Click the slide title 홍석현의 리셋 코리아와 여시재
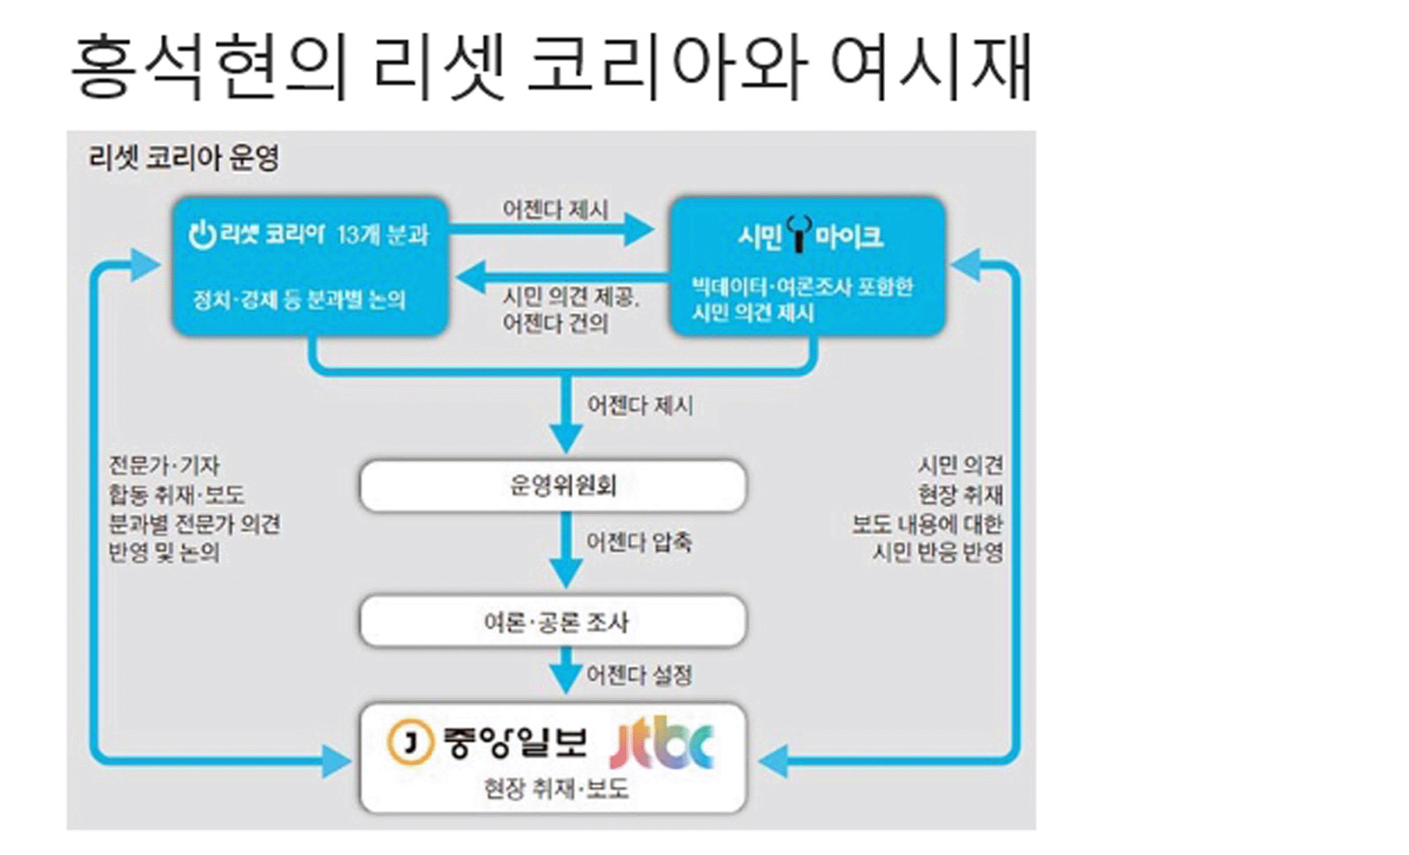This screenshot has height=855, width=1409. [x=552, y=68]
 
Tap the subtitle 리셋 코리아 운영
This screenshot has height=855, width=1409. [x=184, y=158]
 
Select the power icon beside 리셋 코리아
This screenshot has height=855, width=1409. [x=202, y=233]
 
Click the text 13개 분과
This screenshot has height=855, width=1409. [x=383, y=234]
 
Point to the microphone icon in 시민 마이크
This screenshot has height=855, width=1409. [x=798, y=233]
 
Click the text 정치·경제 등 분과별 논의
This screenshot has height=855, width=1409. [x=300, y=300]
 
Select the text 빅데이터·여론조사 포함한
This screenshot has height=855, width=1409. [x=802, y=286]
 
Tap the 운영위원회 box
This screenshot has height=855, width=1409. [x=553, y=486]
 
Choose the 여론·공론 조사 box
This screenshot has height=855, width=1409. [x=553, y=621]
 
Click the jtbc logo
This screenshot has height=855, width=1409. [x=661, y=742]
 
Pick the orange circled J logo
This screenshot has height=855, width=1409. [x=409, y=742]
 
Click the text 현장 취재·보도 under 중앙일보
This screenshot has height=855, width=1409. [x=556, y=789]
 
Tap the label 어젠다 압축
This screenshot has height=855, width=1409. [x=639, y=542]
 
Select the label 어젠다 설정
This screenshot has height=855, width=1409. [x=639, y=675]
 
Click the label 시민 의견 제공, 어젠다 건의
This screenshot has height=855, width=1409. [x=571, y=309]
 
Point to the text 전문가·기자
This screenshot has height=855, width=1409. [x=164, y=465]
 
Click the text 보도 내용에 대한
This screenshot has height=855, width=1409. [x=928, y=523]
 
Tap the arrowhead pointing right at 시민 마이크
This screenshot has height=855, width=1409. [x=640, y=229]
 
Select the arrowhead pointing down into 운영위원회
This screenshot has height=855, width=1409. [x=566, y=439]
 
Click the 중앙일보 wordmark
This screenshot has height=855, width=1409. [x=514, y=742]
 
